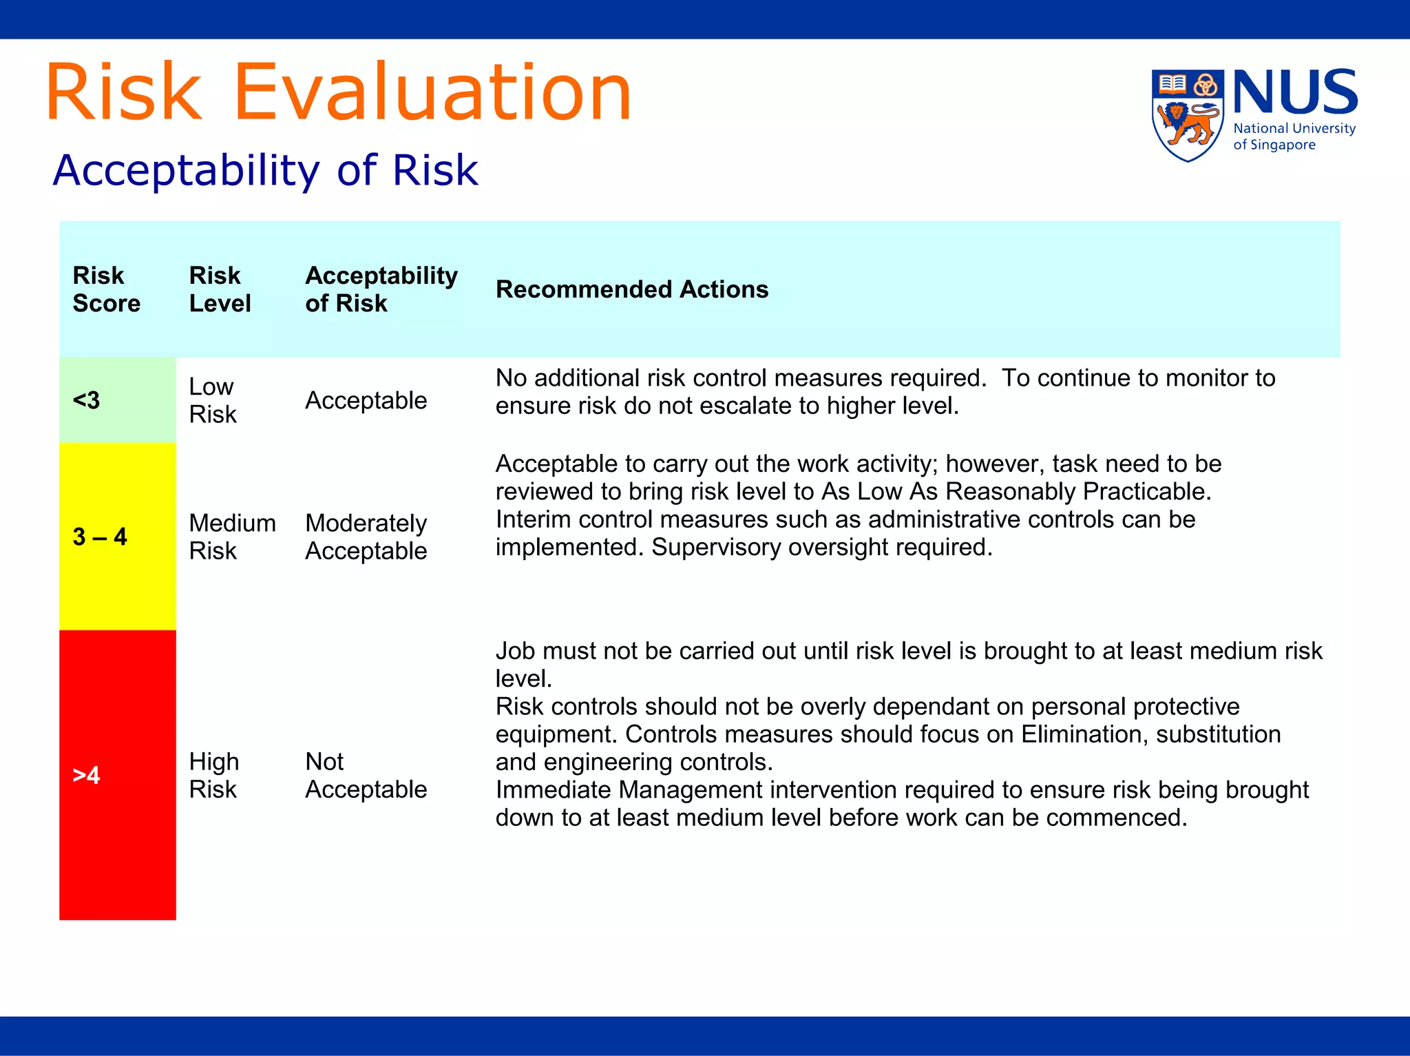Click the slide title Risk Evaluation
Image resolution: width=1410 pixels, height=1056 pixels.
click(x=339, y=92)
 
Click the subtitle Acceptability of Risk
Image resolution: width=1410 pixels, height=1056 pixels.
click(x=265, y=170)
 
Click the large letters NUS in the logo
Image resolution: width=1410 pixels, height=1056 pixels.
click(x=1294, y=92)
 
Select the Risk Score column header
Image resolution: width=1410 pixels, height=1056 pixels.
click(x=106, y=289)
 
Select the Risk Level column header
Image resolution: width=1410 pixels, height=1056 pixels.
click(x=220, y=289)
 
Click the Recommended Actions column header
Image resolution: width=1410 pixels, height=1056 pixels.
click(x=631, y=289)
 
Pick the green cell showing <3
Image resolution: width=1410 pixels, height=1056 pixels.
click(x=117, y=400)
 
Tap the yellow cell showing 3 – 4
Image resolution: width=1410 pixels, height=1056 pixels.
click(x=117, y=537)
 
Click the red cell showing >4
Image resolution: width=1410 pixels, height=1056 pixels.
click(x=117, y=775)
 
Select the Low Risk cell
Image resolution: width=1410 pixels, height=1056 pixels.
click(x=213, y=400)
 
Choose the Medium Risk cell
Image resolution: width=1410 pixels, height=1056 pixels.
click(x=232, y=537)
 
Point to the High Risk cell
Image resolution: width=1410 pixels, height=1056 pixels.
click(x=214, y=775)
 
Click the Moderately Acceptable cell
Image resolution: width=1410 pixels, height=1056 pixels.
click(x=366, y=537)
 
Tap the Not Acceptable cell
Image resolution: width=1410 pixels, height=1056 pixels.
click(x=366, y=775)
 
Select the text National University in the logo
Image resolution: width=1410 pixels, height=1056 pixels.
click(x=1294, y=128)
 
